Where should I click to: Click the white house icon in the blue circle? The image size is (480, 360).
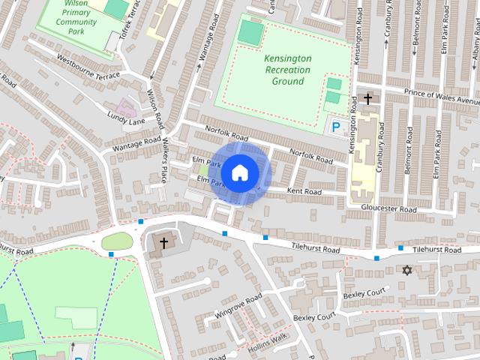[x=238, y=172]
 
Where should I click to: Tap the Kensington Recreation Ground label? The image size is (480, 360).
[x=283, y=69]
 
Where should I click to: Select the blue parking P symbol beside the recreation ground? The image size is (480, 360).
[x=336, y=128]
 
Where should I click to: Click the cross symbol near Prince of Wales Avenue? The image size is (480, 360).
[x=367, y=99]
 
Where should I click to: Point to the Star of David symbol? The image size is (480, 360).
[x=408, y=270]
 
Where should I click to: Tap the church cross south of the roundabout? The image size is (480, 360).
[x=164, y=243]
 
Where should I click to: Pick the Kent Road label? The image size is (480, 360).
[x=304, y=192]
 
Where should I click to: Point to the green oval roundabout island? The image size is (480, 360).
[x=116, y=241]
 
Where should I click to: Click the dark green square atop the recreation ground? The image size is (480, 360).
[x=251, y=32]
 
